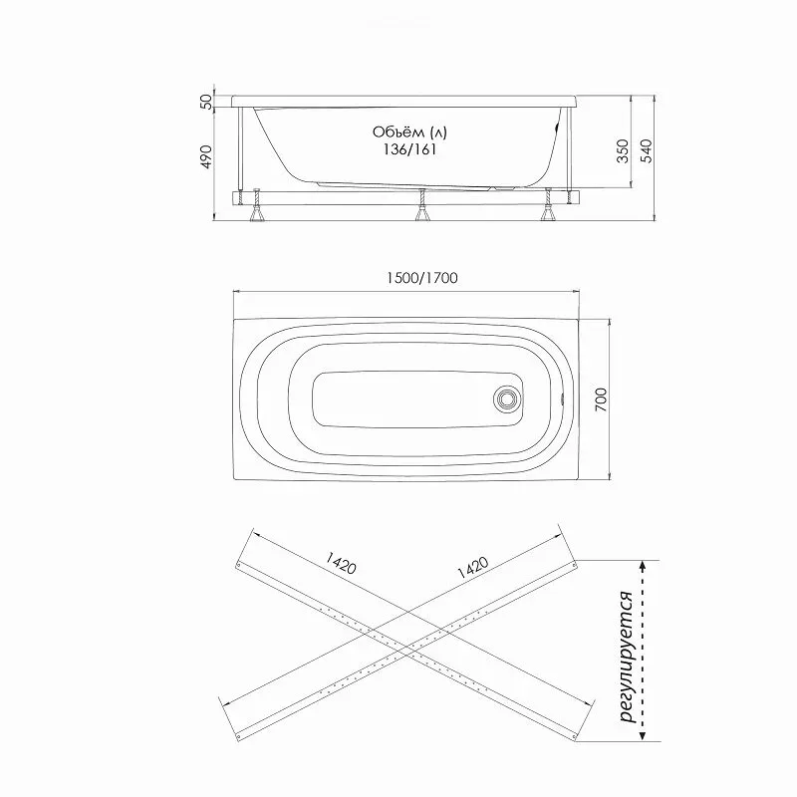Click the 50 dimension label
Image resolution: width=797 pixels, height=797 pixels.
pos(206,102)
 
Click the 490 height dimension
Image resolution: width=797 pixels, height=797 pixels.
pos(206,157)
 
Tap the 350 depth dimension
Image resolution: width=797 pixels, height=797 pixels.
pos(622,151)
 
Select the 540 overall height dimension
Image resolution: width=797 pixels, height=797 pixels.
pos(646,151)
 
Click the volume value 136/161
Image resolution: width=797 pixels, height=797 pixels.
pos(409,149)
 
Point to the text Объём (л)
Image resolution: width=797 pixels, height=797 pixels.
pos(409,133)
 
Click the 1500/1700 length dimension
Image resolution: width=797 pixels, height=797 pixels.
pos(421,278)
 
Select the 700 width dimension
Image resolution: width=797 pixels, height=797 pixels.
pos(601,399)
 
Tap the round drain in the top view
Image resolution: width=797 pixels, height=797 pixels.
pos(507,398)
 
